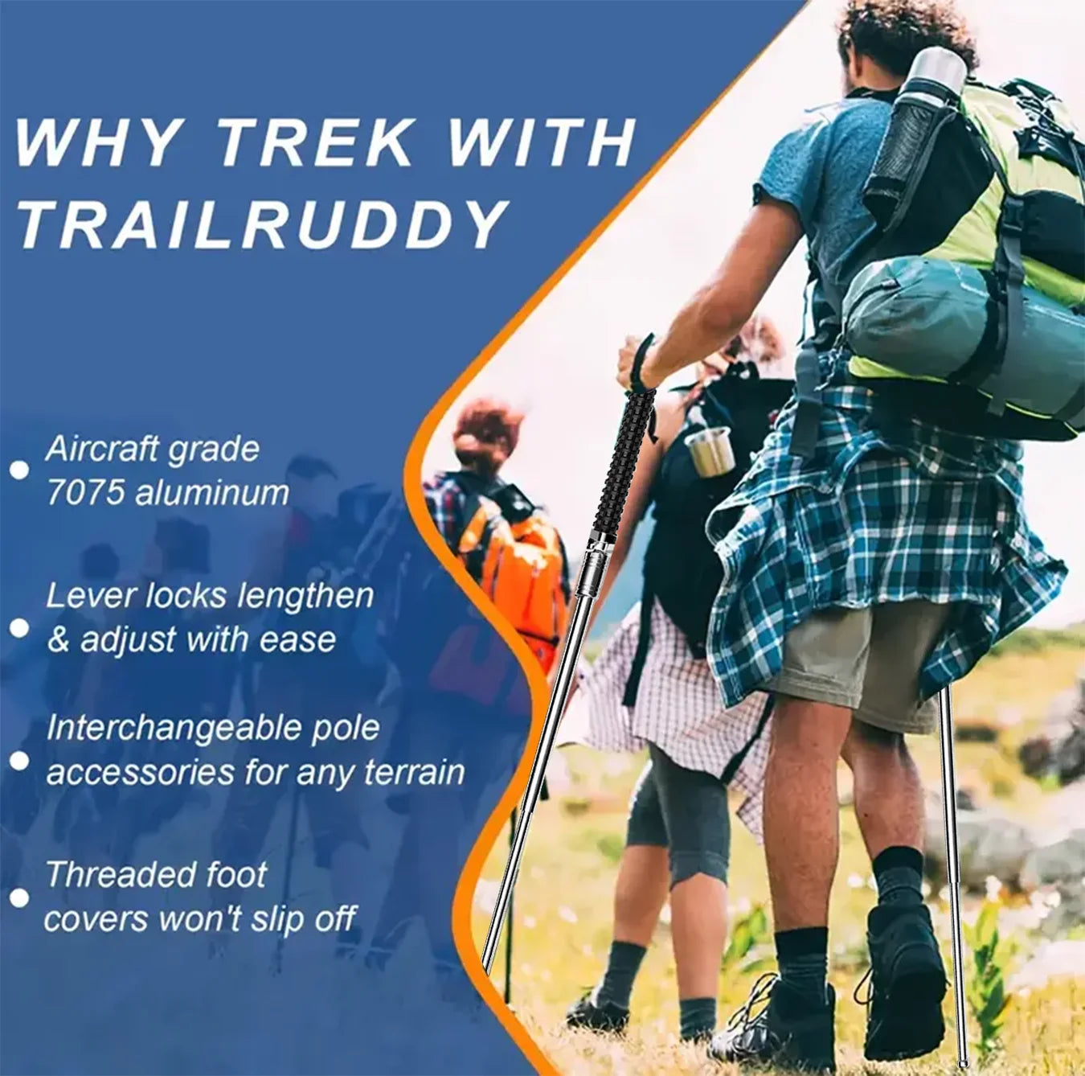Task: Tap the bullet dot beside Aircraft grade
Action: click(x=19, y=470)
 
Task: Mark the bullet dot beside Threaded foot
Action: click(x=19, y=897)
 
